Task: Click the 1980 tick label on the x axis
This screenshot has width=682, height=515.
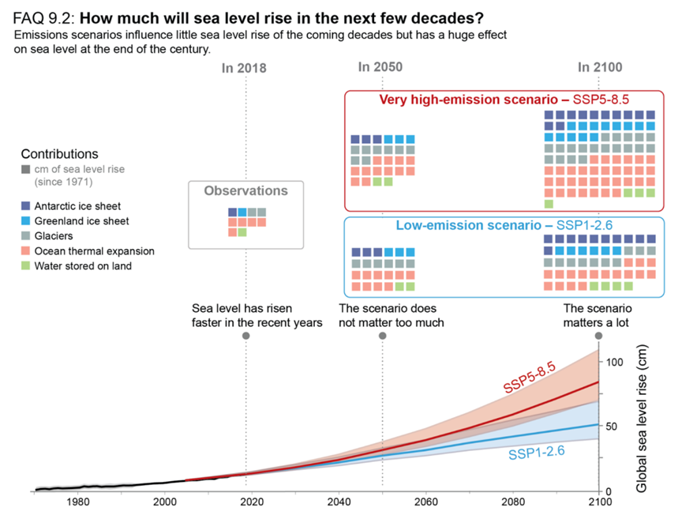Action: point(77,501)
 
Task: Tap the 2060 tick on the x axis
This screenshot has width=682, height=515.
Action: point(426,501)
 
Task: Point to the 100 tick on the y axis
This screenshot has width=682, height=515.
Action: point(614,362)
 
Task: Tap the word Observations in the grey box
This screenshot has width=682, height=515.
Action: point(245,190)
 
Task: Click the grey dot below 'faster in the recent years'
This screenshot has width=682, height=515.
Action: point(245,336)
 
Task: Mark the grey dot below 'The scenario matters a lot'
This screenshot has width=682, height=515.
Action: point(599,336)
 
